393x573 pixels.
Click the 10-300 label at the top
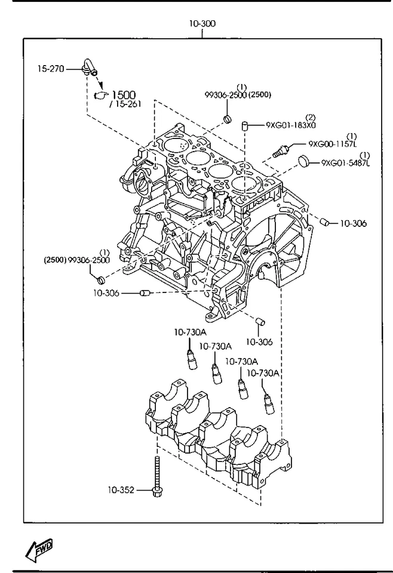pyautogui.click(x=202, y=24)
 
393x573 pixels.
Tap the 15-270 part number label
pyautogui.click(x=51, y=68)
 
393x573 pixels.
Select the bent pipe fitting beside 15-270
pyautogui.click(x=89, y=67)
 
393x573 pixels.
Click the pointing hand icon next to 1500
pyautogui.click(x=102, y=95)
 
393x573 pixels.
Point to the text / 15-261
pyautogui.click(x=125, y=104)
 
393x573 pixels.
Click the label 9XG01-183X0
pyautogui.click(x=291, y=125)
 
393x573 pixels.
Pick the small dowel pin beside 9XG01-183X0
pyautogui.click(x=244, y=126)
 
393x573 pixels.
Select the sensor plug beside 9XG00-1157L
pyautogui.click(x=281, y=150)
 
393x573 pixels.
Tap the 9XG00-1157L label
pyautogui.click(x=332, y=144)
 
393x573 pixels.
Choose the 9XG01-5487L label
pyautogui.click(x=345, y=162)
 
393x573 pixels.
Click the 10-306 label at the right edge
pyautogui.click(x=353, y=223)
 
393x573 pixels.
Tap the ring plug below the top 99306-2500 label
pyautogui.click(x=228, y=119)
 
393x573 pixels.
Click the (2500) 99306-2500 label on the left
pyautogui.click(x=77, y=260)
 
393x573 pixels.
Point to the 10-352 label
pyautogui.click(x=121, y=489)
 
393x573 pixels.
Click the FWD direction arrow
pyautogui.click(x=39, y=550)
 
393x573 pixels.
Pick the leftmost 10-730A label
pyautogui.click(x=190, y=332)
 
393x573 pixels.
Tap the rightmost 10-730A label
pyautogui.click(x=263, y=373)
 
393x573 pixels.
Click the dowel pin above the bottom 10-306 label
pyautogui.click(x=260, y=322)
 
